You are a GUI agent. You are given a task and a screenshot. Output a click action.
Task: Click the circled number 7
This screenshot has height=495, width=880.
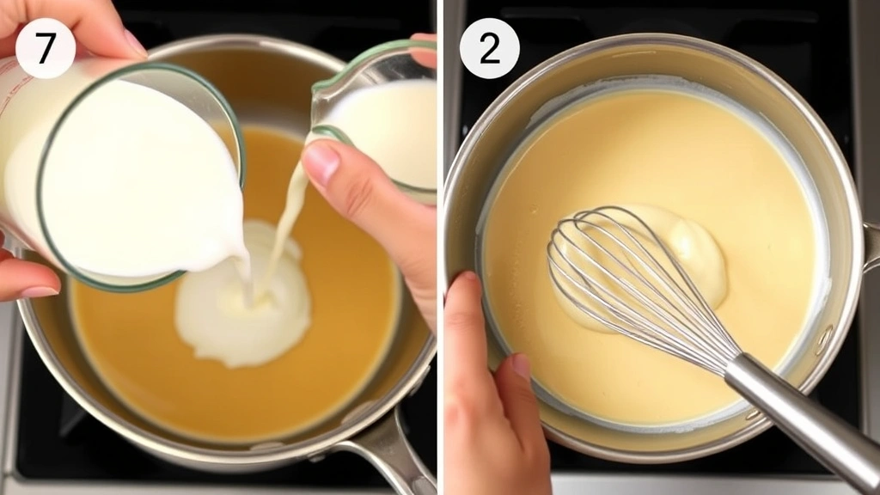[x=45, y=48]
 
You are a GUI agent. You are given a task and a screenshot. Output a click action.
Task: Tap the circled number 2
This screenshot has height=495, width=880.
[x=489, y=48]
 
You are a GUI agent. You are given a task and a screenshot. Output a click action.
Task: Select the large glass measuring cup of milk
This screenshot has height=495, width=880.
[x=129, y=172]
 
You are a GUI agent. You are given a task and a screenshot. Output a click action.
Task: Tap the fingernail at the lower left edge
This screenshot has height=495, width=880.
[x=39, y=291]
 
